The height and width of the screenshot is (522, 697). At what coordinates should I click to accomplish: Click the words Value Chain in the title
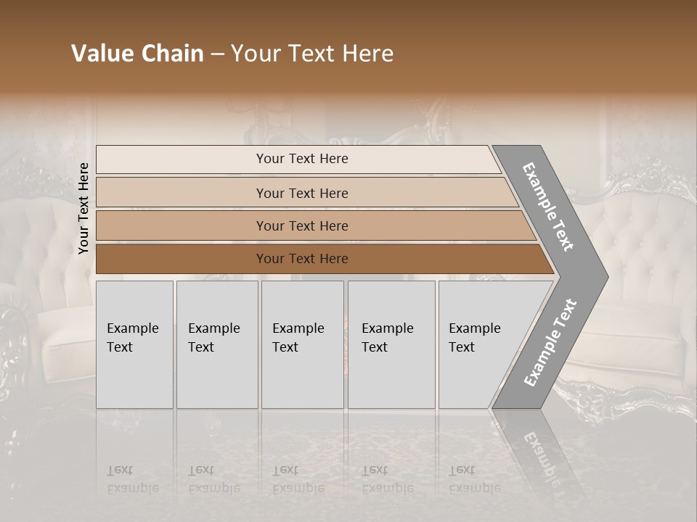[137, 54]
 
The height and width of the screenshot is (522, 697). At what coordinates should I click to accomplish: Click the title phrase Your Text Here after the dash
[312, 54]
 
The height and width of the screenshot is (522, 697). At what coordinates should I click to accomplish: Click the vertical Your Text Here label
[84, 208]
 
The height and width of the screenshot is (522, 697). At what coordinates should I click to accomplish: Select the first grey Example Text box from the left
[134, 344]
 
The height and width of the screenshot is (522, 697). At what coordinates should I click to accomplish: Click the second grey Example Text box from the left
[216, 344]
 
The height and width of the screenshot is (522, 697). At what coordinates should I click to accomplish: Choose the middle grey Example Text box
[302, 344]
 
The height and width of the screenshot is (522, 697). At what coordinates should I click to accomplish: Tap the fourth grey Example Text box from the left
[391, 344]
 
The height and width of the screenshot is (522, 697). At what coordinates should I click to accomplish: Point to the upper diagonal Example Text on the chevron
[548, 207]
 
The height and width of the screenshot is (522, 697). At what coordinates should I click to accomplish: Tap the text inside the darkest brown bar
[302, 259]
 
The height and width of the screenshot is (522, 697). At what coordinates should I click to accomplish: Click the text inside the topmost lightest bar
[302, 159]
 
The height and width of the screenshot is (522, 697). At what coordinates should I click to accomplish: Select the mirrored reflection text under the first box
[133, 479]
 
